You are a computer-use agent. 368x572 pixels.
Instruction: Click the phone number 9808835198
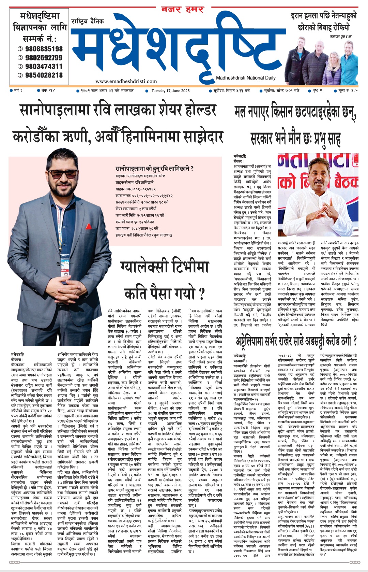coord(44,49)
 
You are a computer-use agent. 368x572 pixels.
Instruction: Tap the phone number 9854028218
coord(44,75)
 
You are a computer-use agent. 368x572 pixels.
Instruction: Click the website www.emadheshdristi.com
coord(126,81)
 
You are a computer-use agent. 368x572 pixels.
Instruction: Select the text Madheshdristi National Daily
coord(245,78)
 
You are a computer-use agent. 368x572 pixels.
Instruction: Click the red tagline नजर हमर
coord(182,10)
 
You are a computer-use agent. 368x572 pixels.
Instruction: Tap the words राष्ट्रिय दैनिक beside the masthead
coord(88,22)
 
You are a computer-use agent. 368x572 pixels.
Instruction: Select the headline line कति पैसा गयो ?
coord(164,293)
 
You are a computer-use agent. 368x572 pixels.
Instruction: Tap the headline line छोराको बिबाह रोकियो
coord(323,27)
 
